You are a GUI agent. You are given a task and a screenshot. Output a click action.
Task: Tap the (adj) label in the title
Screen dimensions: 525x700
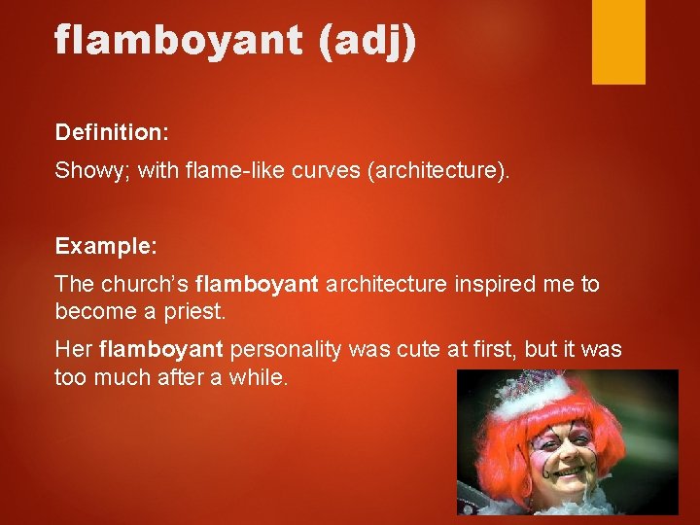tap(367, 41)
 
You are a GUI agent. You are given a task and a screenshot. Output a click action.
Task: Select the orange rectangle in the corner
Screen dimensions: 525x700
tap(618, 42)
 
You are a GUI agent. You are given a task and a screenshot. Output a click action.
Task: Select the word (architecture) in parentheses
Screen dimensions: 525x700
tap(437, 171)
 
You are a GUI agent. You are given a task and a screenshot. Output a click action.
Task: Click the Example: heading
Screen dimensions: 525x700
tap(105, 246)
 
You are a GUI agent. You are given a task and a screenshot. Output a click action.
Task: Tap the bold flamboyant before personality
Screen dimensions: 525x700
tap(161, 349)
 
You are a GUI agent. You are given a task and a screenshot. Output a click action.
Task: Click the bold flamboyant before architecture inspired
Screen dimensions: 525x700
tap(257, 284)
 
